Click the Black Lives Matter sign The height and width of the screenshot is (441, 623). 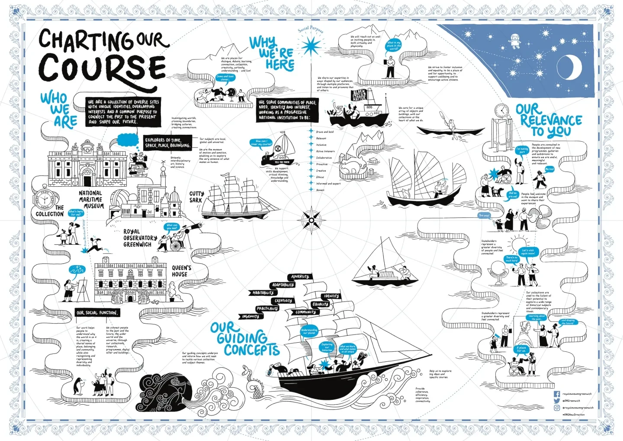[359, 95]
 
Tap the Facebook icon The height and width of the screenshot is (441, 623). [557, 394]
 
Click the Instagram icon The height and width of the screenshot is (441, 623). [557, 408]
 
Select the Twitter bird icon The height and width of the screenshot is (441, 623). [557, 401]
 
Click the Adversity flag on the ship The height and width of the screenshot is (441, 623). [300, 276]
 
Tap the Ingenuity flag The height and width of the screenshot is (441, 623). [250, 317]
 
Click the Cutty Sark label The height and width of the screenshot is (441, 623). [196, 197]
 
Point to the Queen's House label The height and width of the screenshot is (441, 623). [181, 271]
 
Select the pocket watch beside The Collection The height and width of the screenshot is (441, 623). [44, 200]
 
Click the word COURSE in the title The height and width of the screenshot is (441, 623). [102, 68]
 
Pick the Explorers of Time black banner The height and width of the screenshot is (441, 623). [167, 143]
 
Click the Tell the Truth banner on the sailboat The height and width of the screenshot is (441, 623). [284, 162]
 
